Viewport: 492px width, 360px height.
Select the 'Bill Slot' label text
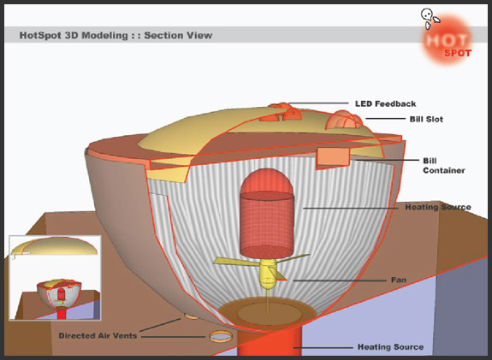click(426, 119)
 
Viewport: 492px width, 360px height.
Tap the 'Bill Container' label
click(444, 166)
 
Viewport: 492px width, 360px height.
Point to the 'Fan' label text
click(399, 280)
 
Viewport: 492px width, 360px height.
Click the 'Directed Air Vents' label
click(98, 335)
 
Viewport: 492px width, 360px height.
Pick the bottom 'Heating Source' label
click(391, 347)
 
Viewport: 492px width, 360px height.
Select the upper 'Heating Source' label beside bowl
click(438, 207)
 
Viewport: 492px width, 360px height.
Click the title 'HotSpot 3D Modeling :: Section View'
click(116, 35)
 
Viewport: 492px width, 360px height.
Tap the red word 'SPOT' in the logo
click(458, 53)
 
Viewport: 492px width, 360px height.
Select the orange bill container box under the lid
click(333, 157)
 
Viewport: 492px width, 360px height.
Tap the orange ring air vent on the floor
click(221, 336)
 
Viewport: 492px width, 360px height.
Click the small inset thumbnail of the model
click(56, 278)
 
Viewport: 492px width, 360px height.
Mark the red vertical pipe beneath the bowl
click(270, 342)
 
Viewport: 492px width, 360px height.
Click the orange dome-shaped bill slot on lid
click(344, 121)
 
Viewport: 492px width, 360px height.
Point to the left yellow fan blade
click(236, 262)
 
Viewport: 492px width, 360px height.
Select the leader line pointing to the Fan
click(338, 280)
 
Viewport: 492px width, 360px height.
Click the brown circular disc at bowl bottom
click(267, 312)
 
